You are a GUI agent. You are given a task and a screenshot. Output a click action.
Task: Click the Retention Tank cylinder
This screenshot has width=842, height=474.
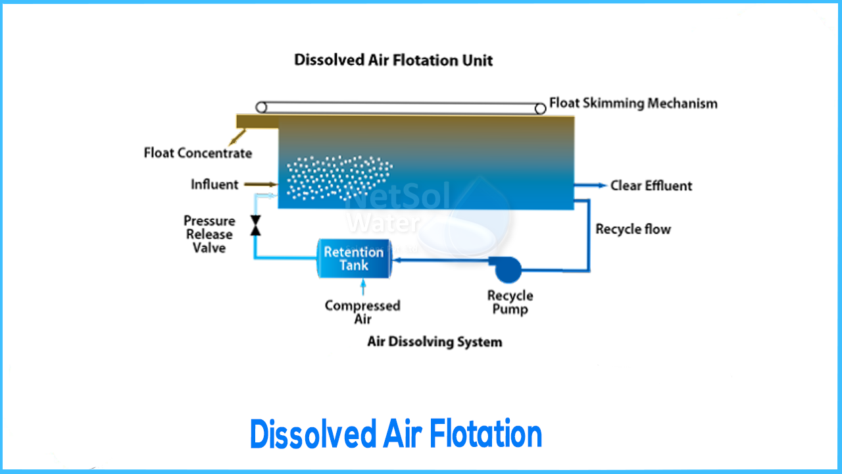pos(354,259)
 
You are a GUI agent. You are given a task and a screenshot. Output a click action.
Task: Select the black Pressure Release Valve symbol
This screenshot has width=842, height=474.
pos(255,226)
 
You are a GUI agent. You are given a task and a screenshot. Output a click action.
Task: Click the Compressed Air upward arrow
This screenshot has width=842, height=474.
pos(362,288)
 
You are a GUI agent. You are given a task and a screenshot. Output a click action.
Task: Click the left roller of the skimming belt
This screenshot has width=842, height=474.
pos(262,107)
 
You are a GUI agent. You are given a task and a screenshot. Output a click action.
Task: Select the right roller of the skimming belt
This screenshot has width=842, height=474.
pos(540,107)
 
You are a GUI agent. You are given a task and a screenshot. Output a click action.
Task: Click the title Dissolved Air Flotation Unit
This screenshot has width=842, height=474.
pos(393,61)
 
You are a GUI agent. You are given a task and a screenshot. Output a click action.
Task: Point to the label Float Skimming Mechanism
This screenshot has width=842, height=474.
pos(633,103)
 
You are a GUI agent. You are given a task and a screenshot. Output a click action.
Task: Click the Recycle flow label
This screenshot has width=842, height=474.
pos(633,229)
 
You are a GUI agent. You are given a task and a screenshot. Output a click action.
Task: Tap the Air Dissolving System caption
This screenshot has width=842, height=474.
pos(434,342)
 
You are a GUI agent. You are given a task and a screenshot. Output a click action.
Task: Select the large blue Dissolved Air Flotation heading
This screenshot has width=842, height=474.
pos(396,434)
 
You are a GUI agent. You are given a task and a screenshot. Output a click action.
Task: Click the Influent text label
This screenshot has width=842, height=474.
pos(214,185)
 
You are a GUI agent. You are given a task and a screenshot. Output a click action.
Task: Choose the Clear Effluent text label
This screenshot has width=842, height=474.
pos(651,186)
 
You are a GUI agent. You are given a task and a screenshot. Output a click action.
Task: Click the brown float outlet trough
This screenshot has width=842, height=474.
pos(257,121)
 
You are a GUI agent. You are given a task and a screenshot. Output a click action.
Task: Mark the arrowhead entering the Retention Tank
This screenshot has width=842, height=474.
pos(397,259)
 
